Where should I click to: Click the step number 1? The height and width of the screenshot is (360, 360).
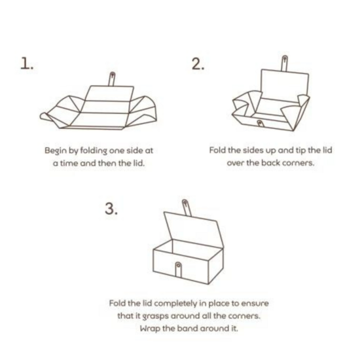[27, 63]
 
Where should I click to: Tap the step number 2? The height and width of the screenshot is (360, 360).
[198, 63]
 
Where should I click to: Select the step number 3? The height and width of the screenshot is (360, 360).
[111, 209]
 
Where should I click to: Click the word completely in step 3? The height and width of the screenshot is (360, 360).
[175, 304]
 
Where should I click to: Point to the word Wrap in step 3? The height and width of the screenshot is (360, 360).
[150, 329]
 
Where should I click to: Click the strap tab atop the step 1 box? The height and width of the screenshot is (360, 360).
[112, 79]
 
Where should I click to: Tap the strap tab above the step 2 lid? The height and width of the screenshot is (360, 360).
[285, 63]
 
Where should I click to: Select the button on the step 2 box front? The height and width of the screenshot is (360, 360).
[260, 123]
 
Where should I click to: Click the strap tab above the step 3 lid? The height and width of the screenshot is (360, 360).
[187, 207]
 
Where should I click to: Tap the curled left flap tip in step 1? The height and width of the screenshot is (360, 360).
[43, 116]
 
